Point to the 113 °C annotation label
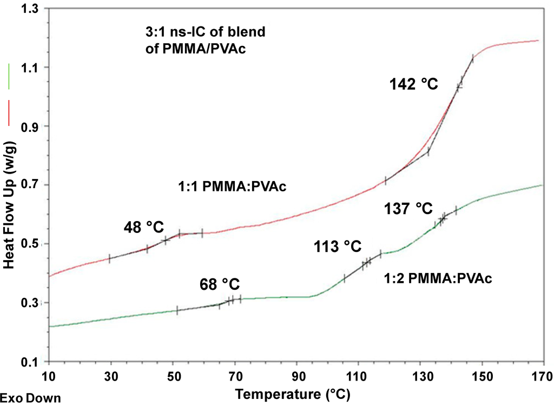[337, 247]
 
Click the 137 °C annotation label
[408, 208]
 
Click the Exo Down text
[30, 398]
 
